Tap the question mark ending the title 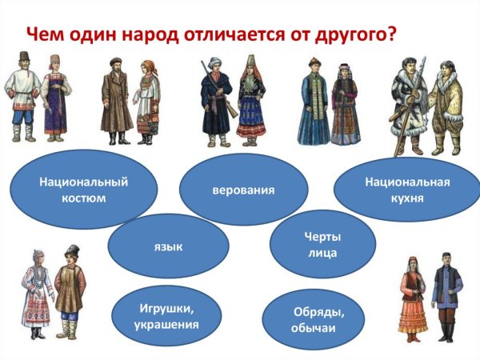tap(392, 34)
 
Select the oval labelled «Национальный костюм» tap(71, 190)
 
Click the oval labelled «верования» tap(244, 190)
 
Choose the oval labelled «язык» tap(169, 246)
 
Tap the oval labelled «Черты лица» tap(323, 244)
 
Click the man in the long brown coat tap(115, 102)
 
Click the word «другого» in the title tap(346, 34)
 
